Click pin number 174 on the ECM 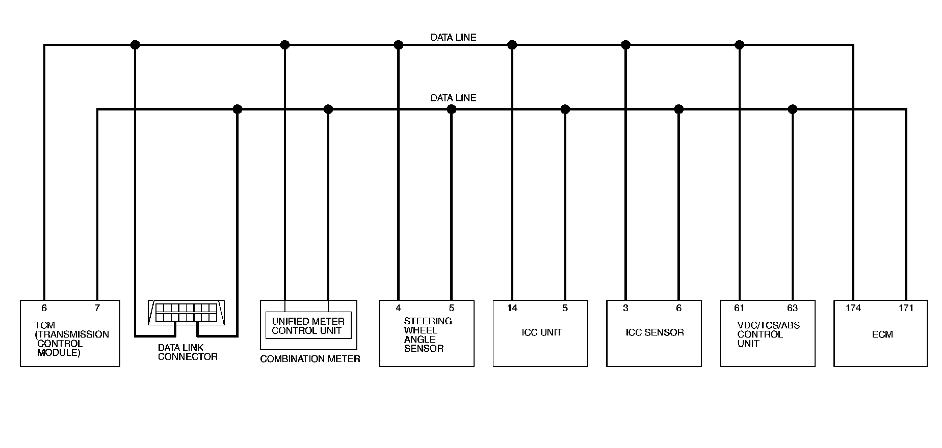click(853, 308)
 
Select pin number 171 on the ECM click(906, 308)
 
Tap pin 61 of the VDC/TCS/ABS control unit click(739, 308)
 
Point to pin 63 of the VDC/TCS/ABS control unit click(792, 308)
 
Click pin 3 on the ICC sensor click(625, 308)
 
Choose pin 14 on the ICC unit click(512, 308)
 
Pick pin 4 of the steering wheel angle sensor click(398, 308)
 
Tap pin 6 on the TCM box click(44, 308)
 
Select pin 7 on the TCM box click(97, 308)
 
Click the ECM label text click(882, 334)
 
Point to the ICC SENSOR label click(655, 332)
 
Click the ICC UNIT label click(541, 332)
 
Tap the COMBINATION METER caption click(310, 359)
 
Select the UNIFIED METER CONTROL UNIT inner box click(308, 326)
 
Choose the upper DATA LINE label click(453, 37)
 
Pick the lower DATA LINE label click(453, 98)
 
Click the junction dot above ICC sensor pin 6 click(678, 109)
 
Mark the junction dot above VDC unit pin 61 click(740, 45)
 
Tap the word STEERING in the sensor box click(428, 321)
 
